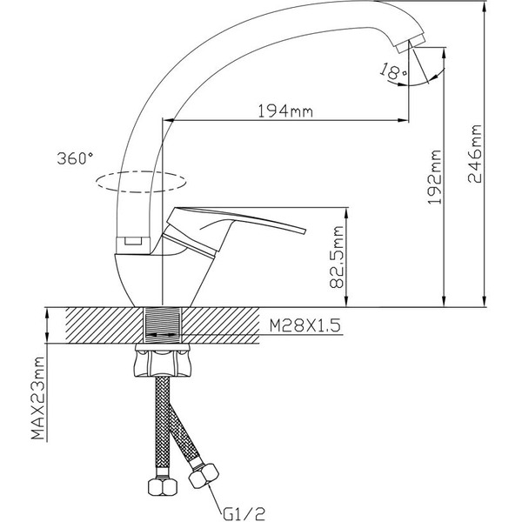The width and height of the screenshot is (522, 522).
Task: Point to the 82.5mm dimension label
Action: coord(338,258)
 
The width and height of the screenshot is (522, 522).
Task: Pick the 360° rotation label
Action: coord(74,159)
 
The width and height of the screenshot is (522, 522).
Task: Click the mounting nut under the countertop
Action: coord(164,361)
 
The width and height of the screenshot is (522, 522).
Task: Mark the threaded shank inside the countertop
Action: coord(164,326)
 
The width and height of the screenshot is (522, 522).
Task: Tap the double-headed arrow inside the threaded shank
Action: coord(164,333)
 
